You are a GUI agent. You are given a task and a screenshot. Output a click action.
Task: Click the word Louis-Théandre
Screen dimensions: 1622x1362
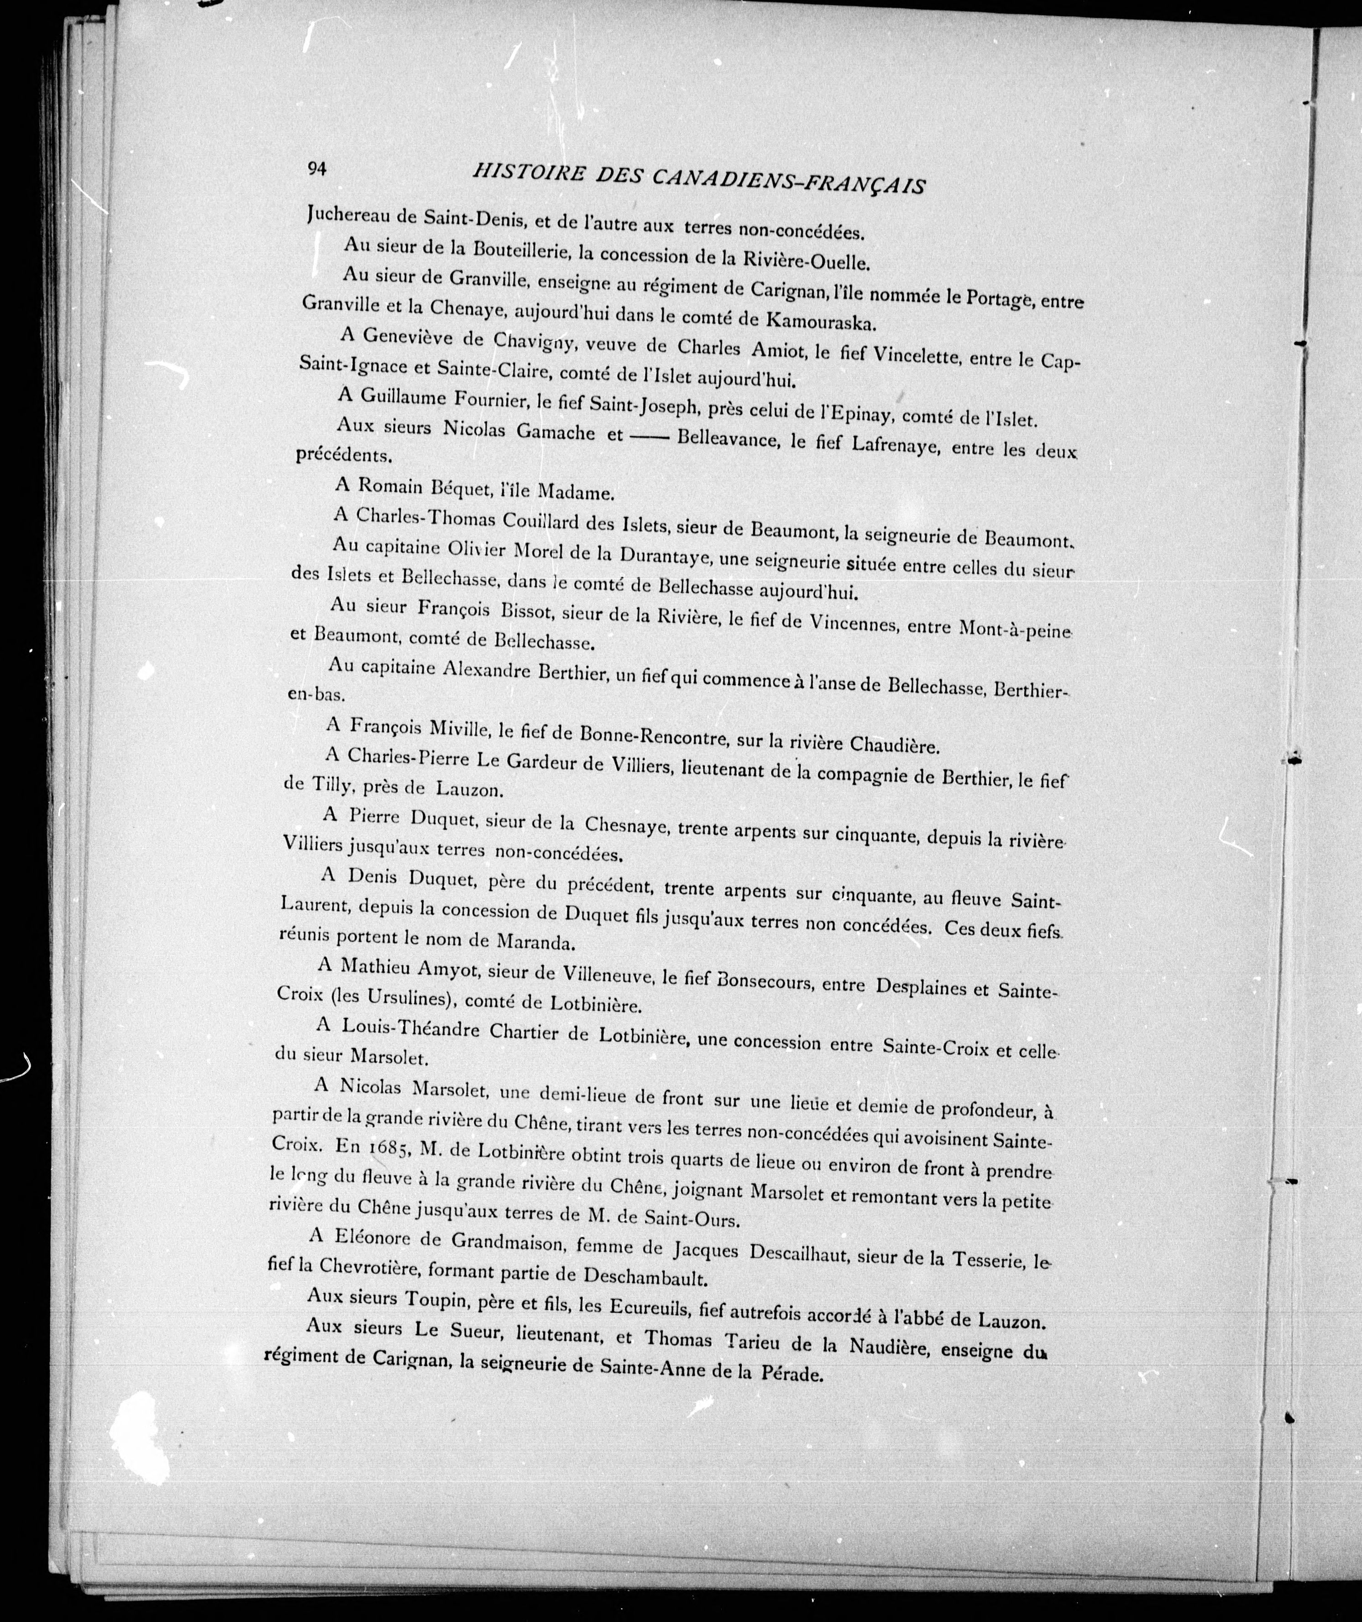tap(412, 1030)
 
